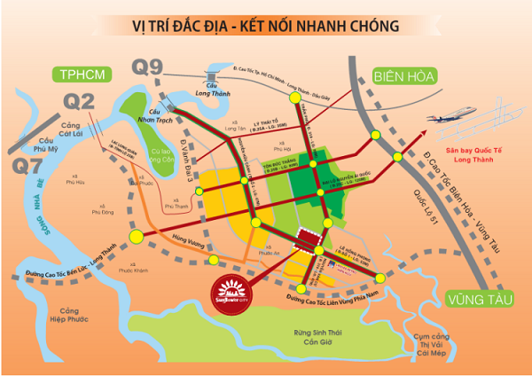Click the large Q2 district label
tap(81, 103)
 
